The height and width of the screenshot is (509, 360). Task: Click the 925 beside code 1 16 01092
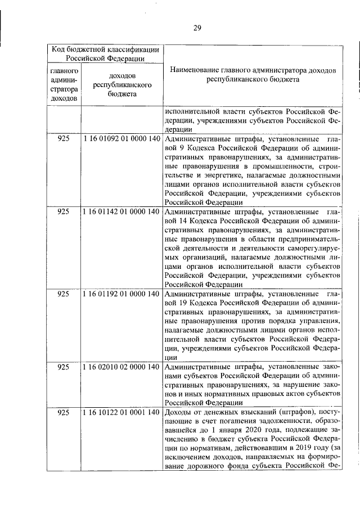[64, 138]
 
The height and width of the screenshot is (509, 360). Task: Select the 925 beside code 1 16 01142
[64, 212]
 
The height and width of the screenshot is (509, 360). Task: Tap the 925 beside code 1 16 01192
[64, 294]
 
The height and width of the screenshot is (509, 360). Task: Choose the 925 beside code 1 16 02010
[64, 367]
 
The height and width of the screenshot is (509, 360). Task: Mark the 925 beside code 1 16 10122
[64, 413]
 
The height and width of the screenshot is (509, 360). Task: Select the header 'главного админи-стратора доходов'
[64, 84]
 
